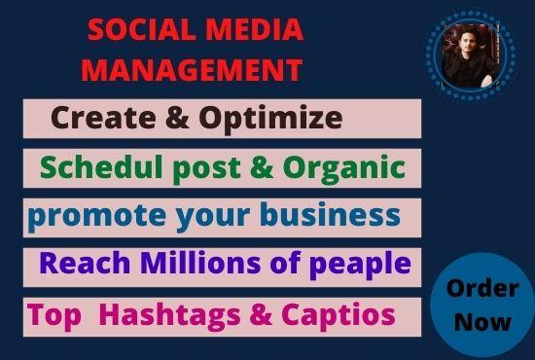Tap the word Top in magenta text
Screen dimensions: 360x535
[x=51, y=314]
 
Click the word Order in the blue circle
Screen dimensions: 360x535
[x=482, y=289]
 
